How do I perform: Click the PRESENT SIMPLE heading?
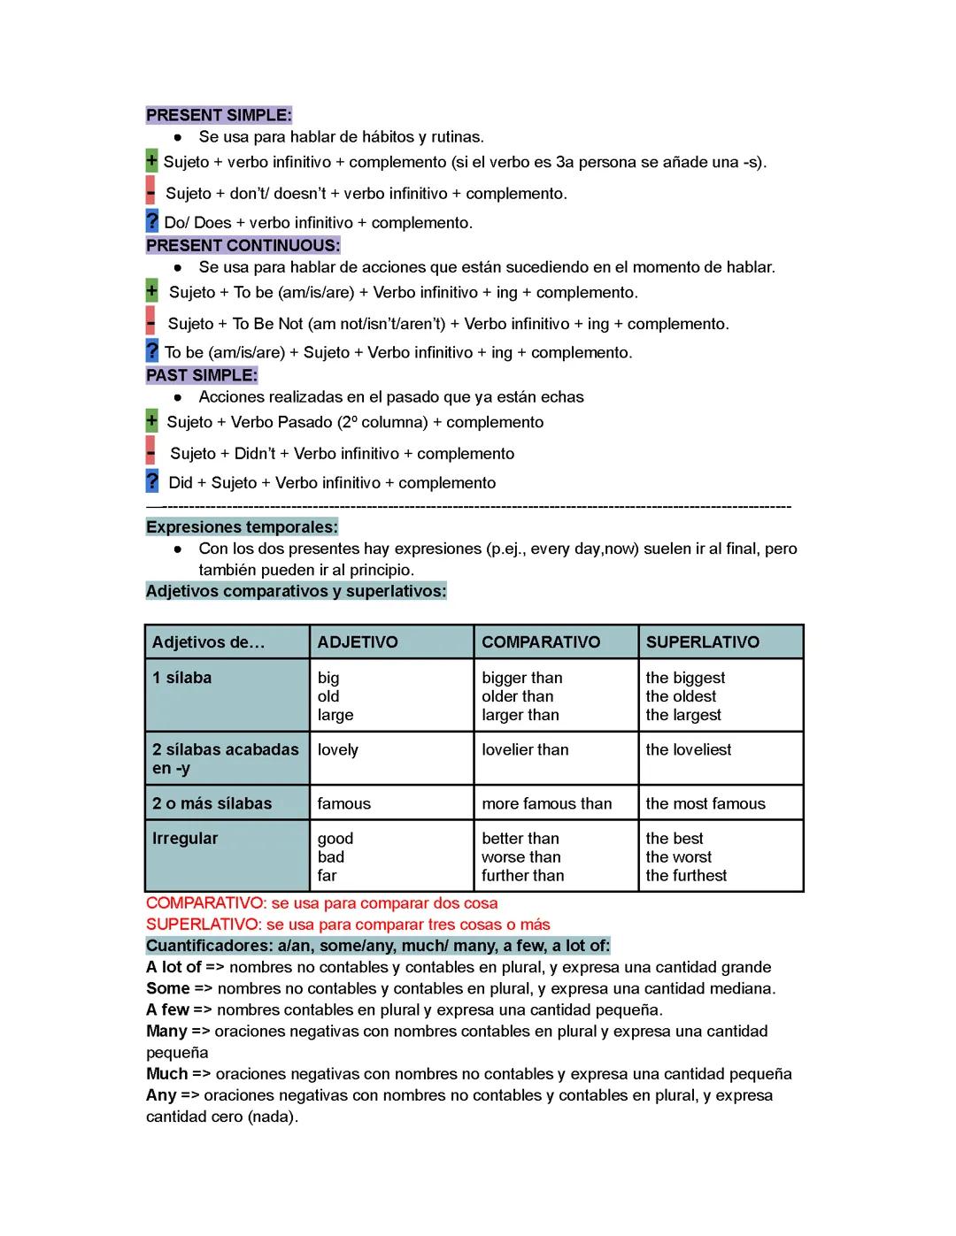tap(219, 115)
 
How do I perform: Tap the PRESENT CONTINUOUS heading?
tap(243, 245)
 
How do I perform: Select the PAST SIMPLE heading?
tap(202, 375)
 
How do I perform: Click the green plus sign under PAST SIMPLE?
tap(151, 421)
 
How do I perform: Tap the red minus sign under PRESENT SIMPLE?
tap(150, 192)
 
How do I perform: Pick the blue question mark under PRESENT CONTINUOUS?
tap(152, 351)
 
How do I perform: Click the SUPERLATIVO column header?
tap(702, 642)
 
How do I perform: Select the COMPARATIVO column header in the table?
tap(540, 642)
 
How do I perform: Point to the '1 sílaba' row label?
tap(181, 678)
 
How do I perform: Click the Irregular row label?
tap(184, 838)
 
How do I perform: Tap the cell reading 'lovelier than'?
tap(525, 749)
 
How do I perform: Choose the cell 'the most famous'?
tap(705, 803)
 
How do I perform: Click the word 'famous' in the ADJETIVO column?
tap(343, 803)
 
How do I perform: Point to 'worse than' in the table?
tap(520, 856)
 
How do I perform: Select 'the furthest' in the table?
tap(686, 875)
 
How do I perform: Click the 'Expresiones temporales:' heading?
tap(242, 527)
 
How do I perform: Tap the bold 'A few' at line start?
tap(167, 1010)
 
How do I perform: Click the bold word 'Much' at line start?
tap(166, 1073)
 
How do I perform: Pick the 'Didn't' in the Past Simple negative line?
tap(255, 454)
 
